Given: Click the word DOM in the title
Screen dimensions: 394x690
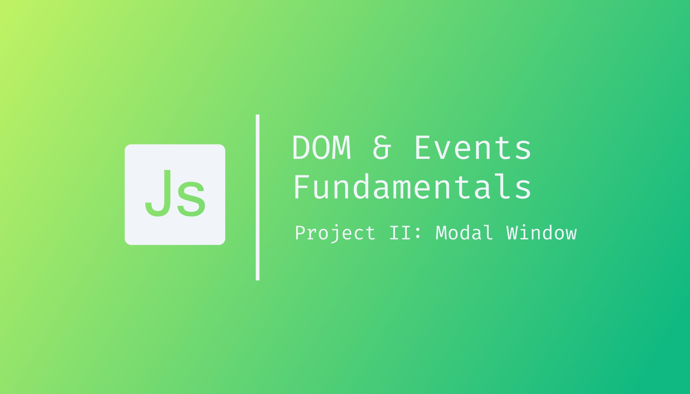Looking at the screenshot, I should click(322, 148).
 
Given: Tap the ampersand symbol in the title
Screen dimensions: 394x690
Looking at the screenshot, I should click(382, 148).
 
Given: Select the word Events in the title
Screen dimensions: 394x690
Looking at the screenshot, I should click(473, 148).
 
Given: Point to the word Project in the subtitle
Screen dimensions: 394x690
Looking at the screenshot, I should click(335, 233).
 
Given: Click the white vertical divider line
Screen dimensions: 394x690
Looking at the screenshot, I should click(257, 197).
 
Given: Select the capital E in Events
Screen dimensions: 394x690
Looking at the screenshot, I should click(422, 148).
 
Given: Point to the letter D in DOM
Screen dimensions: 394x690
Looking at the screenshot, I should click(302, 148).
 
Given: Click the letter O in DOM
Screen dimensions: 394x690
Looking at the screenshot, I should click(322, 148).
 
